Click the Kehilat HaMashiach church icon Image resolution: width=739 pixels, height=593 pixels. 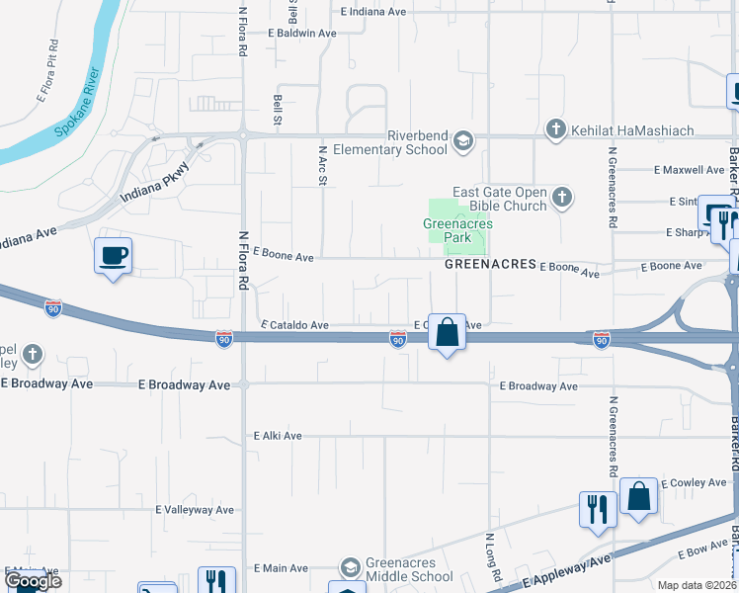click(x=555, y=129)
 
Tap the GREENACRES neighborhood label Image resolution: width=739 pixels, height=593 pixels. click(x=490, y=265)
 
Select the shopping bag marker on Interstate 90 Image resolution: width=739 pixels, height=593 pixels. click(x=447, y=333)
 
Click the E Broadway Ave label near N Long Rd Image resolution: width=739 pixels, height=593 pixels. click(x=538, y=386)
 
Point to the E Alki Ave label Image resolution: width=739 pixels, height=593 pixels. click(x=278, y=435)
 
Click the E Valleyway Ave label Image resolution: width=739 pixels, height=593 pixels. click(x=195, y=510)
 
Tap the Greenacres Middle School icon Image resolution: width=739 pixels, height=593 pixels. click(x=350, y=568)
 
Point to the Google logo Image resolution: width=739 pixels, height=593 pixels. click(x=33, y=581)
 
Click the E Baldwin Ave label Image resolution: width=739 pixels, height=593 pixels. click(x=302, y=33)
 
